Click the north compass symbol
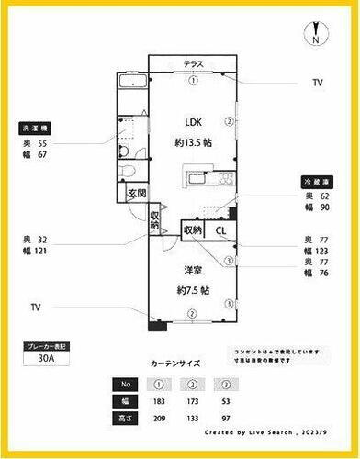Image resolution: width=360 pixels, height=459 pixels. pos(315,36)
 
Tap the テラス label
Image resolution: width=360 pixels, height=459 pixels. pos(193,63)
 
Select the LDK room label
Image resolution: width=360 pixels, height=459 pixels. pos(194,122)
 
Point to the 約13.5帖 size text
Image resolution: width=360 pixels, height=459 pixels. pos(194,142)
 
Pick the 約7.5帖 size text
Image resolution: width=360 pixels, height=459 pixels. pos(192,290)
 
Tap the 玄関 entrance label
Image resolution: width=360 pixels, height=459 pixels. pos(137,194)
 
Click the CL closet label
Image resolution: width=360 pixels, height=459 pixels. pos(220,230)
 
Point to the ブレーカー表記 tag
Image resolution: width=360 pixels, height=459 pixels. pos(46,347)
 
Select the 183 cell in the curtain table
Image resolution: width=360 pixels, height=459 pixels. pos(161,401)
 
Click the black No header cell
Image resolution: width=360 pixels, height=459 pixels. pos(127,385)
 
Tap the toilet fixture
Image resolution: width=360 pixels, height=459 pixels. pos(129,171)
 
